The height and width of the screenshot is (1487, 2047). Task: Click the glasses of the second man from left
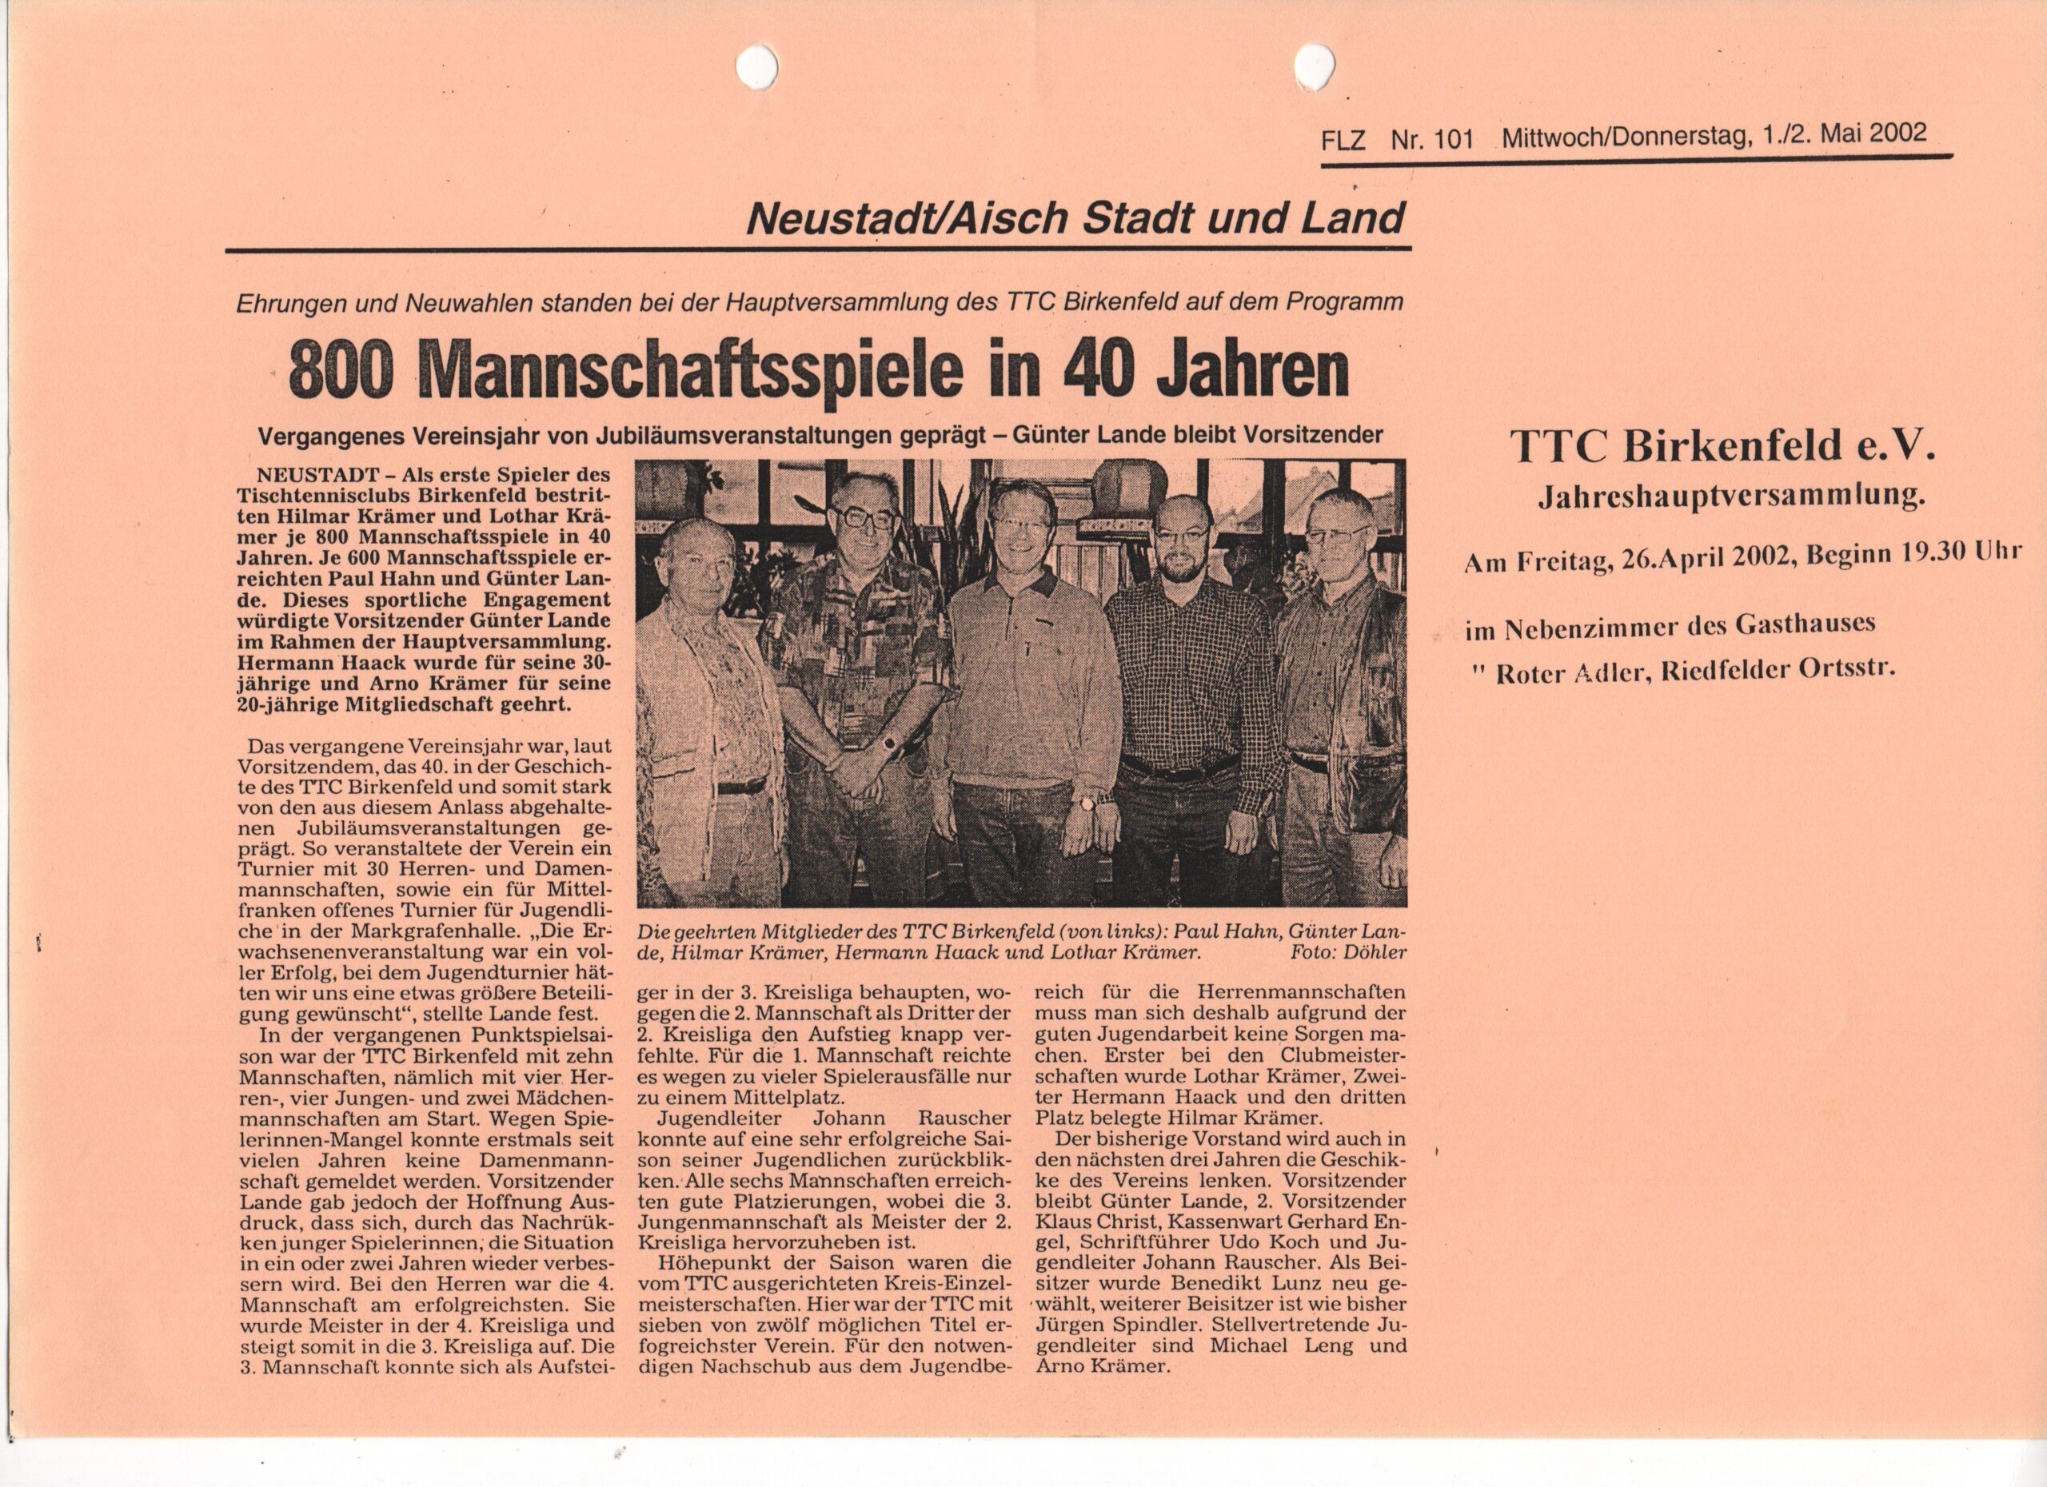tap(864, 518)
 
